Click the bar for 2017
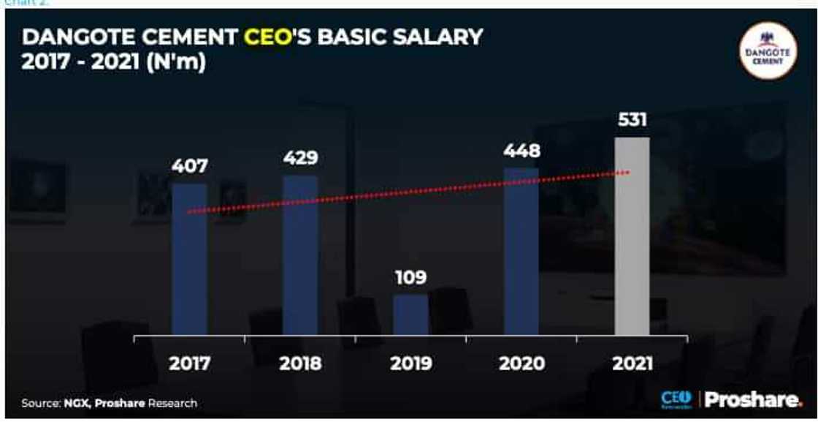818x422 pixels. point(189,259)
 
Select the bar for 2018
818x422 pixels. point(300,255)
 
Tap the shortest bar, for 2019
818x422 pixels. point(410,314)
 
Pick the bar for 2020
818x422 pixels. point(521,252)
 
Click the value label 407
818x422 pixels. point(189,166)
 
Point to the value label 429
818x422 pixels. point(300,158)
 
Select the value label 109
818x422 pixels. point(410,278)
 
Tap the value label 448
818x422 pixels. point(521,151)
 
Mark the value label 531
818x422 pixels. point(632,119)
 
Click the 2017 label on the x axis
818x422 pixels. point(190,363)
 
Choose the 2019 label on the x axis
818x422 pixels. point(410,363)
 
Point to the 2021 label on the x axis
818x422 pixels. point(632,363)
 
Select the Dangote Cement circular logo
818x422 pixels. point(767,50)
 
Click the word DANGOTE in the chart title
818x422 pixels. point(74,37)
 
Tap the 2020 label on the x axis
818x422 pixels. point(521,363)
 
